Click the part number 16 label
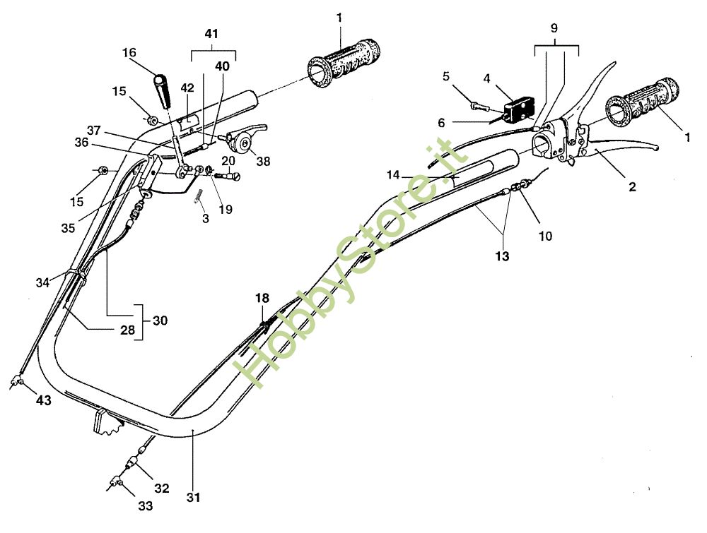pyautogui.click(x=129, y=52)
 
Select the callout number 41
pyautogui.click(x=211, y=34)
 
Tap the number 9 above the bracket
pyautogui.click(x=554, y=29)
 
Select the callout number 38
pyautogui.click(x=263, y=161)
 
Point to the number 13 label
pyautogui.click(x=501, y=257)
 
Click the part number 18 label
pyautogui.click(x=262, y=299)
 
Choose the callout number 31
pyautogui.click(x=194, y=498)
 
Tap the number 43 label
pyautogui.click(x=43, y=400)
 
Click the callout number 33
pyautogui.click(x=145, y=505)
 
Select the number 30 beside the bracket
pyautogui.click(x=160, y=320)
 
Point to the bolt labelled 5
pyautogui.click(x=477, y=106)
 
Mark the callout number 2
pyautogui.click(x=631, y=187)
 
